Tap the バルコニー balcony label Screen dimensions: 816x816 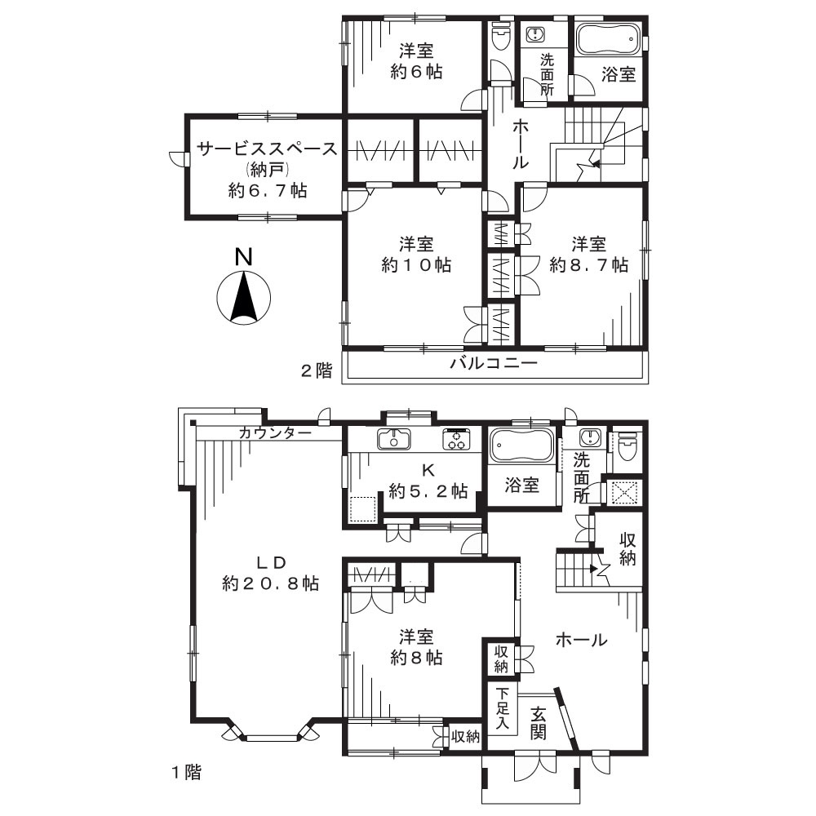pyautogui.click(x=494, y=363)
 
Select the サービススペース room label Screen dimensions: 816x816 pyautogui.click(x=267, y=149)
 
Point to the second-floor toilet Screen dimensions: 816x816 pyautogui.click(x=502, y=37)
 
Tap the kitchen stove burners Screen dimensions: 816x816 pyautogui.click(x=456, y=438)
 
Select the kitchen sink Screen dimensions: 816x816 pyautogui.click(x=394, y=439)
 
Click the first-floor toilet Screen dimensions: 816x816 pyautogui.click(x=626, y=446)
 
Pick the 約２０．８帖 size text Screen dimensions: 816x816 pyautogui.click(x=270, y=584)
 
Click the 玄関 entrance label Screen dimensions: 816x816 pyautogui.click(x=539, y=723)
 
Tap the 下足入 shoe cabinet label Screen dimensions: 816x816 pyautogui.click(x=502, y=709)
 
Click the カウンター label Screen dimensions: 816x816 pyautogui.click(x=275, y=433)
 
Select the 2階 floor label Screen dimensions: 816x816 pyautogui.click(x=317, y=370)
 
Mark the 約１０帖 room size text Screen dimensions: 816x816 pyautogui.click(x=416, y=265)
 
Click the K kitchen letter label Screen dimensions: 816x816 pyautogui.click(x=428, y=471)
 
